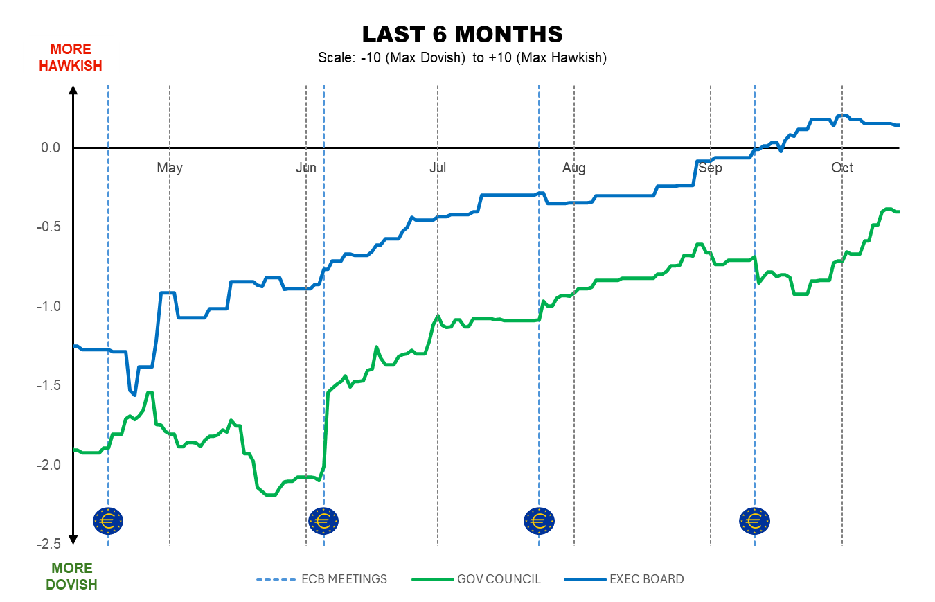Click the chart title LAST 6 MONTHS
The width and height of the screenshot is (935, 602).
pyautogui.click(x=462, y=34)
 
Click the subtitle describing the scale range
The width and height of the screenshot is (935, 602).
pyautogui.click(x=462, y=57)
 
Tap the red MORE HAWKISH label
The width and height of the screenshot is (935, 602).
pyautogui.click(x=71, y=57)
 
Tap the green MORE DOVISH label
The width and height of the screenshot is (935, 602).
pyautogui.click(x=71, y=576)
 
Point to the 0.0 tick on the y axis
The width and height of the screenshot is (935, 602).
pyautogui.click(x=51, y=148)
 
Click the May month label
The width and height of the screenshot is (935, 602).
pyautogui.click(x=170, y=168)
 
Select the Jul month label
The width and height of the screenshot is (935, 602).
pyautogui.click(x=437, y=168)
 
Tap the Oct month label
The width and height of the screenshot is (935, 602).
pyautogui.click(x=842, y=168)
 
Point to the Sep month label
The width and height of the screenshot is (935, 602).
pyautogui.click(x=711, y=168)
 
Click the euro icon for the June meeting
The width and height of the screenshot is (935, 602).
pyautogui.click(x=323, y=520)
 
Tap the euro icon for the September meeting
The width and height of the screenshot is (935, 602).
pyautogui.click(x=754, y=520)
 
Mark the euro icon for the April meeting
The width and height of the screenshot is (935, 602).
pyautogui.click(x=108, y=520)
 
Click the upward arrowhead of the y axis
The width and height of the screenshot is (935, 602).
pyautogui.click(x=73, y=89)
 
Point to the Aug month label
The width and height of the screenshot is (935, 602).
pyautogui.click(x=574, y=168)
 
